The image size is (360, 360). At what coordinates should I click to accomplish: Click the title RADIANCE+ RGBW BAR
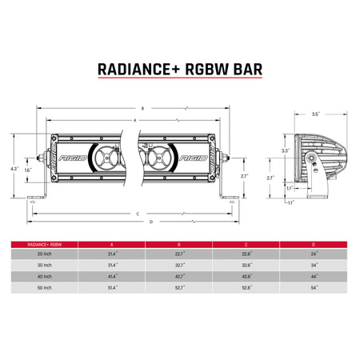(180, 70)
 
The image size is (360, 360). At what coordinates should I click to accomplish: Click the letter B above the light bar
(141, 107)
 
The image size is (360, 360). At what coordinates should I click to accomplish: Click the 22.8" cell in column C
(246, 251)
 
